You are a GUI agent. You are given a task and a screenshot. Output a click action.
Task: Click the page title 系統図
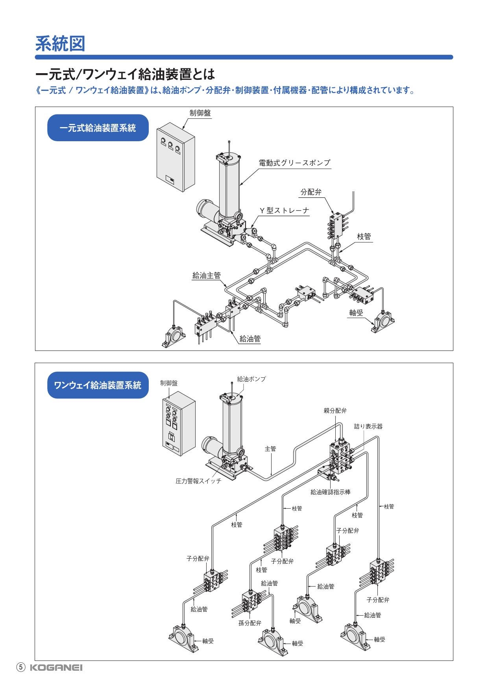click(x=60, y=43)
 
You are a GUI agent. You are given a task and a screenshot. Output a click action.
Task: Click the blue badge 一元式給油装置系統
click(x=98, y=128)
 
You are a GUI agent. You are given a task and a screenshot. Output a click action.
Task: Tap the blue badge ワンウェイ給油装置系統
click(x=98, y=385)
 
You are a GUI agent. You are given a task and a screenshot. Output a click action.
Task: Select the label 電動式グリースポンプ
click(x=294, y=162)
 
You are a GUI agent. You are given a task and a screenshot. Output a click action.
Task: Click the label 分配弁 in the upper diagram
click(x=311, y=192)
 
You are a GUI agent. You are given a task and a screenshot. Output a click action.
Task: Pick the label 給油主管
click(x=206, y=276)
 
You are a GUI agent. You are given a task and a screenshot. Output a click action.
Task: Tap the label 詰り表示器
click(x=368, y=426)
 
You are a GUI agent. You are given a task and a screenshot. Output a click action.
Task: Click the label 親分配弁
click(x=335, y=411)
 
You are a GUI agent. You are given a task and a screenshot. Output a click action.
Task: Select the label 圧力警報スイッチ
click(x=198, y=481)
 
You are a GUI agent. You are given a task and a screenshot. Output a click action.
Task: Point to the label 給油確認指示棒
click(x=331, y=492)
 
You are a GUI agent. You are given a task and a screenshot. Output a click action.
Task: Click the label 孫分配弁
click(x=250, y=623)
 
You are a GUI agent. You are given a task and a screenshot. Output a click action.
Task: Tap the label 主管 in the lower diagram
click(x=270, y=448)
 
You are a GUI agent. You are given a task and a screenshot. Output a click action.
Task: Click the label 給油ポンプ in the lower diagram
click(x=251, y=379)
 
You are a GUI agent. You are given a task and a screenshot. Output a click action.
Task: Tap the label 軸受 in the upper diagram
click(x=356, y=312)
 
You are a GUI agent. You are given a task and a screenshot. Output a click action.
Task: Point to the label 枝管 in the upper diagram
click(x=364, y=236)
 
